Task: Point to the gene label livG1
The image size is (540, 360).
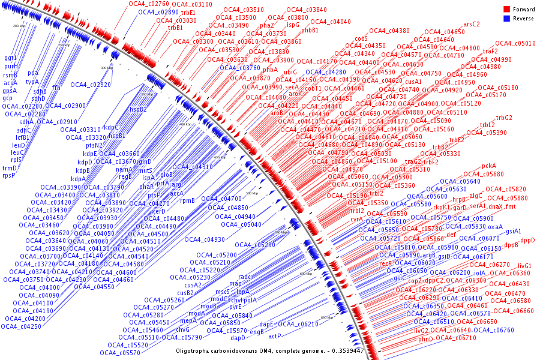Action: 524,265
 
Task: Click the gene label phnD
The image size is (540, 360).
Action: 425,339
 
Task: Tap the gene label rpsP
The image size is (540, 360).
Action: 8,175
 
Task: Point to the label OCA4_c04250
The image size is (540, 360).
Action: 22,326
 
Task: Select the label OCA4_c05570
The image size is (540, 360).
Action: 128,353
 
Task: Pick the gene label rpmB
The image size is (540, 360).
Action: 187,200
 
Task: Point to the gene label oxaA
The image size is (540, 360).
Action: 495,227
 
